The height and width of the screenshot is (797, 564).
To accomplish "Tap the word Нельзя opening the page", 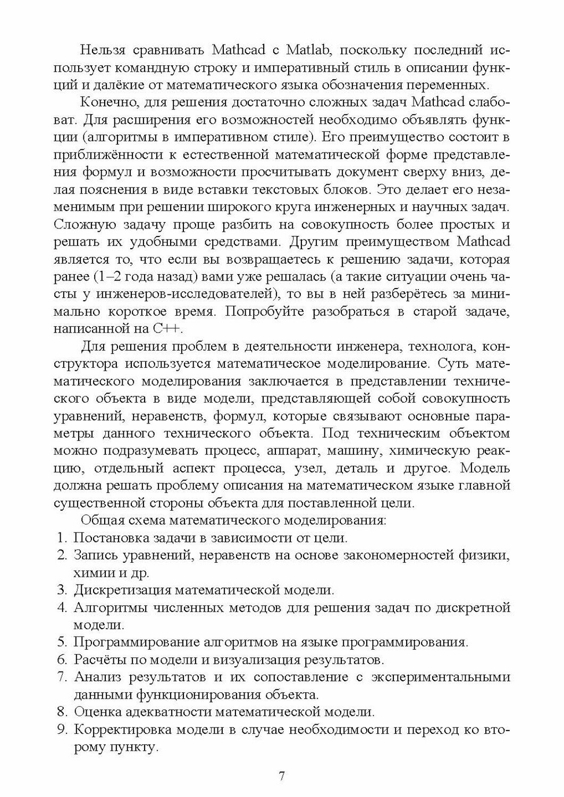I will point(102,51).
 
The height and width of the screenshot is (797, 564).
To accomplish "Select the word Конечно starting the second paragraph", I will point(106,103).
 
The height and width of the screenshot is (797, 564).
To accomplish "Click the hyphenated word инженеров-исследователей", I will point(186,294).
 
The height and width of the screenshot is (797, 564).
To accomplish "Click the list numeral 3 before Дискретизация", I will point(61,590).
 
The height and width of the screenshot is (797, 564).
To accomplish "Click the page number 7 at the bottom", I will point(282,776).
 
